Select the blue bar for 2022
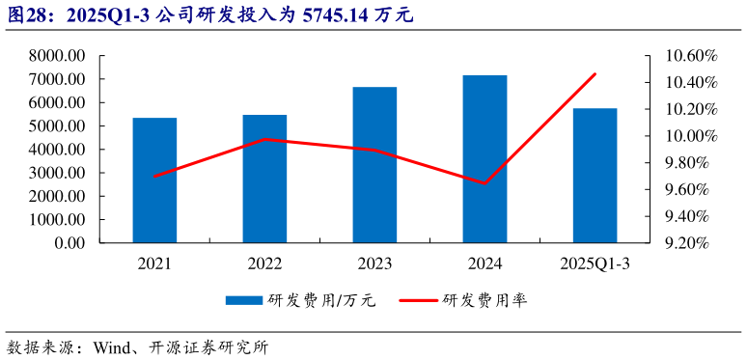pyautogui.click(x=264, y=179)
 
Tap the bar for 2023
pyautogui.click(x=374, y=165)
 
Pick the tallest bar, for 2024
pyautogui.click(x=484, y=159)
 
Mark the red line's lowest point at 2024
pyautogui.click(x=484, y=183)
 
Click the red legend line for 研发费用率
pyautogui.click(x=416, y=300)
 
